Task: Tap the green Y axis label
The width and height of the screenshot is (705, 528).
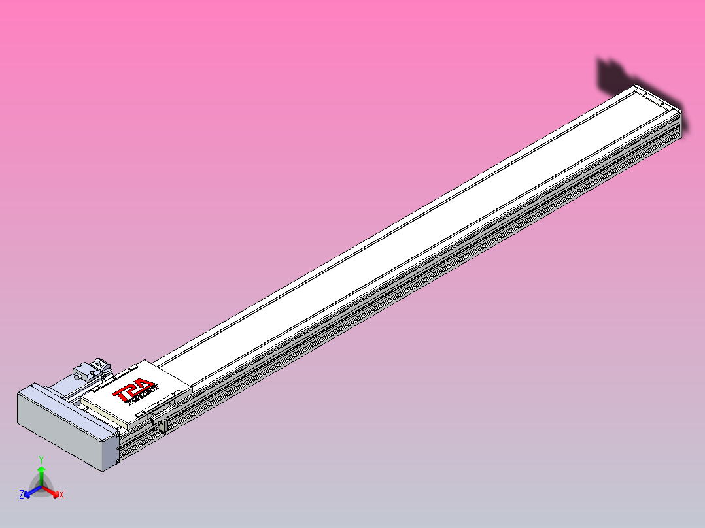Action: (x=41, y=459)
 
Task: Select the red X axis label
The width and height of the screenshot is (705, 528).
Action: (x=61, y=495)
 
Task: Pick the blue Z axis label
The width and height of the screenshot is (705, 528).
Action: (x=22, y=495)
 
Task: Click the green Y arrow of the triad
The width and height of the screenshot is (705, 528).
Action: (x=41, y=473)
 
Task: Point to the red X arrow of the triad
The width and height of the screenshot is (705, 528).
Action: (x=52, y=491)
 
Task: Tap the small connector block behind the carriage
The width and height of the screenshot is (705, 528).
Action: (x=90, y=369)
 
